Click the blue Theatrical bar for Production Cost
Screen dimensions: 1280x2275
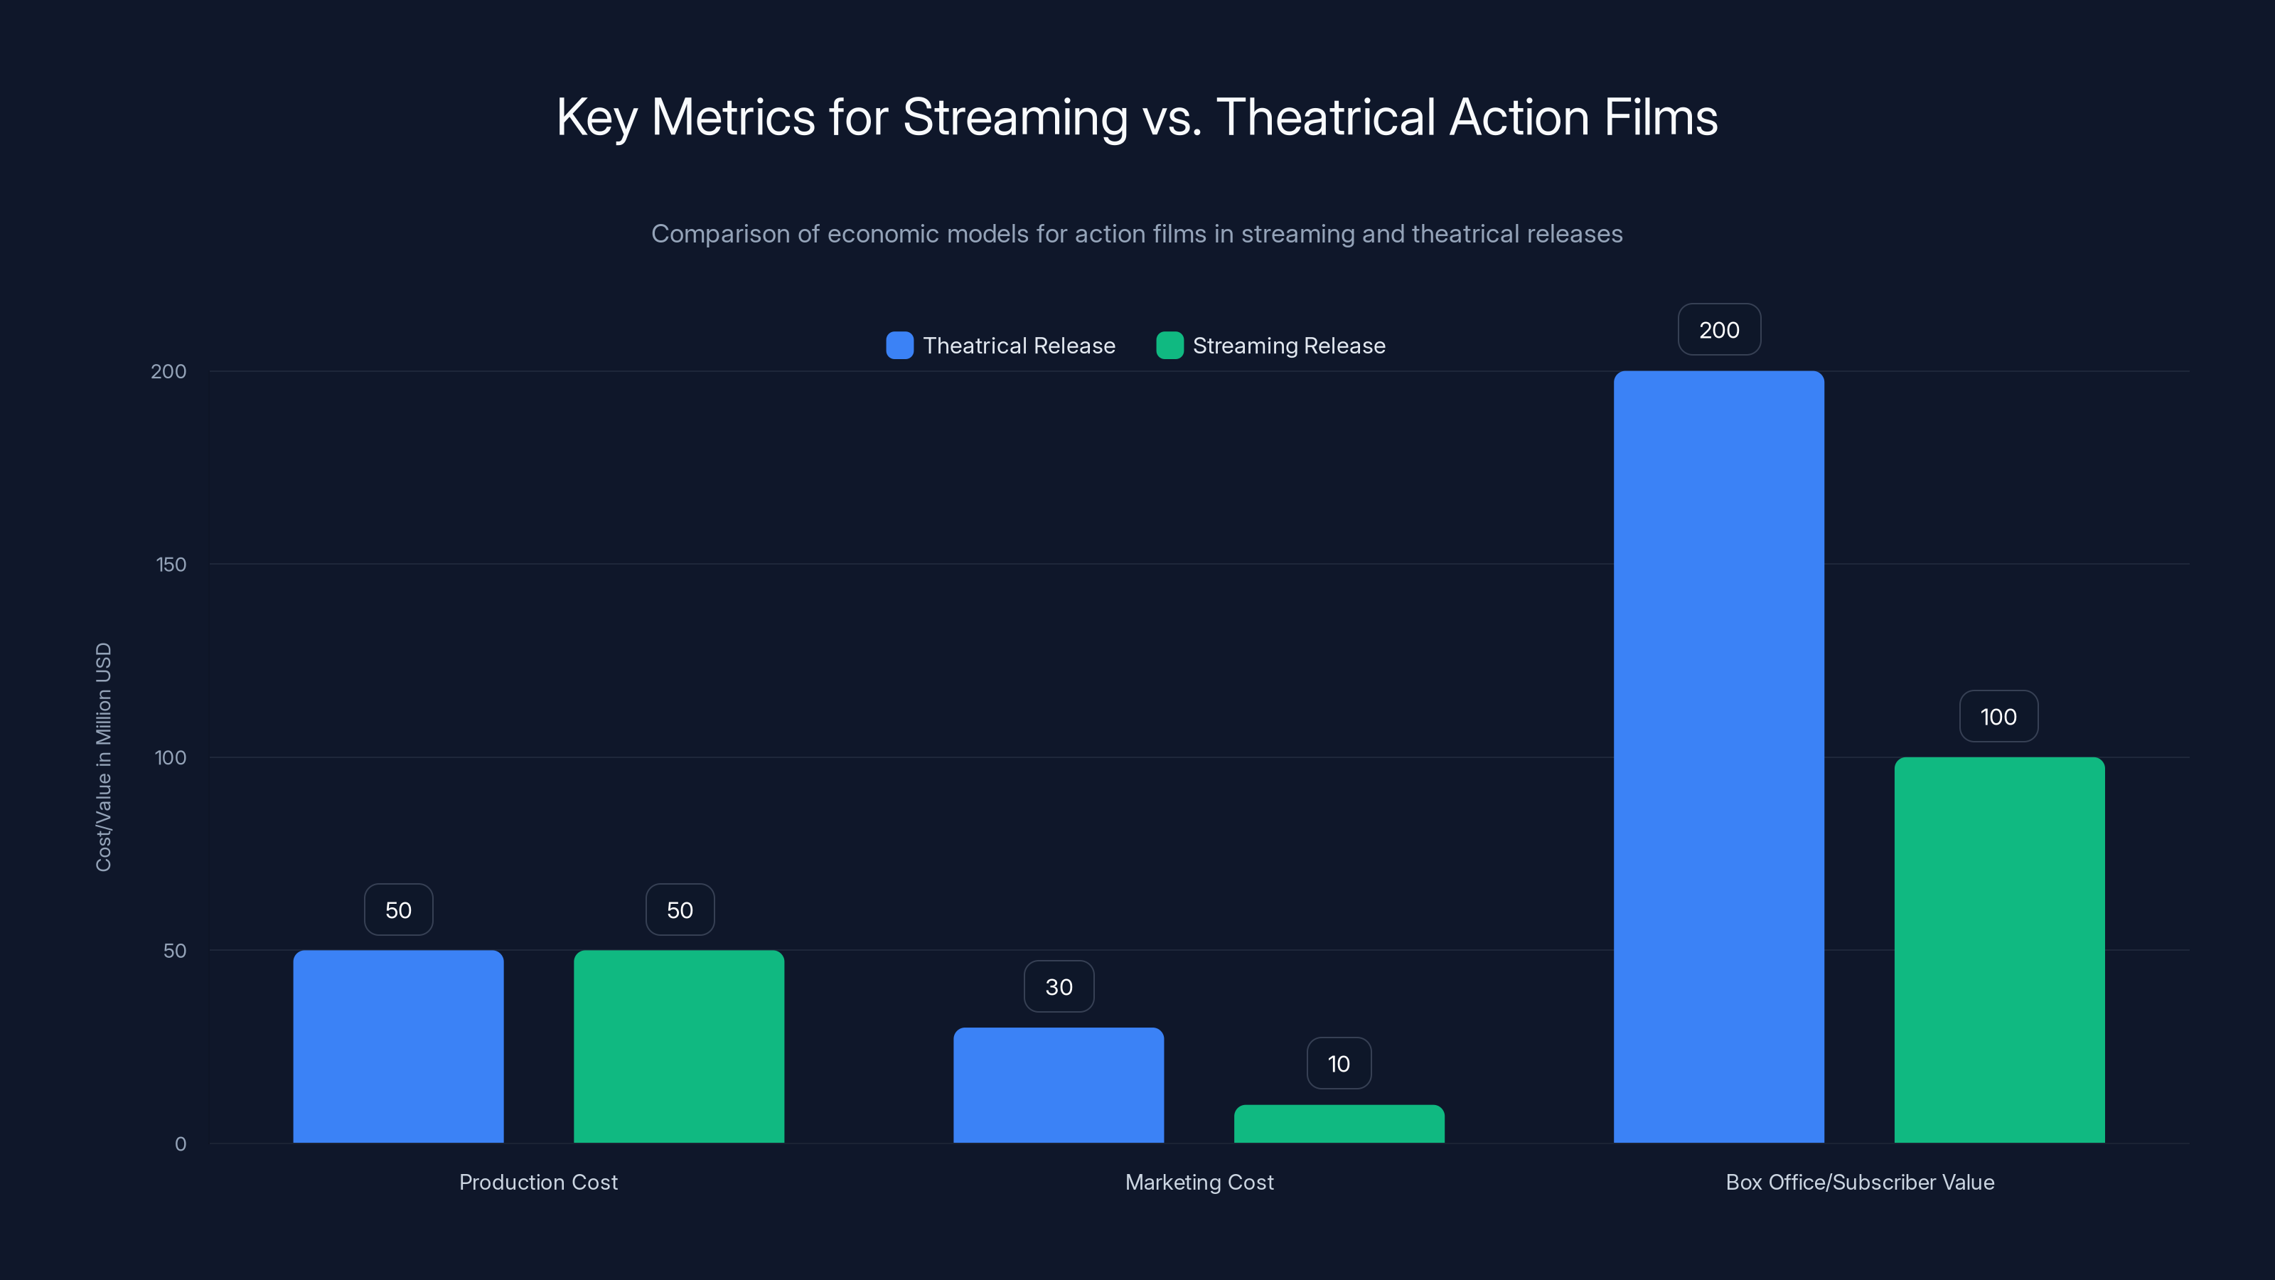click(398, 1047)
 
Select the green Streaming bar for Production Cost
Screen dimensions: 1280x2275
click(679, 1047)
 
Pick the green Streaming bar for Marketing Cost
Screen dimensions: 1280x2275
click(1339, 1124)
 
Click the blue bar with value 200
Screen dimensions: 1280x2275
click(1718, 757)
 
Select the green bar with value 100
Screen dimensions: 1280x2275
click(1999, 949)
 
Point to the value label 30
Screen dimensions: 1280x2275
click(1058, 987)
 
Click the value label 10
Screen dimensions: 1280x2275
click(1339, 1064)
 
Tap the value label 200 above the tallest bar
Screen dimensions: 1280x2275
click(1718, 329)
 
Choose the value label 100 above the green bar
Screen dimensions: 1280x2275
click(1998, 716)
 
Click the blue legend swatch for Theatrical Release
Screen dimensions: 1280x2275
click(899, 346)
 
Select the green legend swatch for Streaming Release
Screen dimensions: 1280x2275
click(1169, 346)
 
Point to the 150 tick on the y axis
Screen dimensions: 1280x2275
click(171, 565)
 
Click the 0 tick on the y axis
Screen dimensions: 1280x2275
click(180, 1144)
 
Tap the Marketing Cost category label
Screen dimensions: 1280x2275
click(1199, 1182)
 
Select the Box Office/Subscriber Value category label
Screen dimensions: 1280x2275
click(1859, 1182)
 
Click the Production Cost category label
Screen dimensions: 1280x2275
click(538, 1182)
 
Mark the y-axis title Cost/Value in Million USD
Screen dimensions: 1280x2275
click(103, 757)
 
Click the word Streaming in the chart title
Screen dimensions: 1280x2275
click(1015, 117)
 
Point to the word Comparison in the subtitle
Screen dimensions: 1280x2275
click(719, 234)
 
